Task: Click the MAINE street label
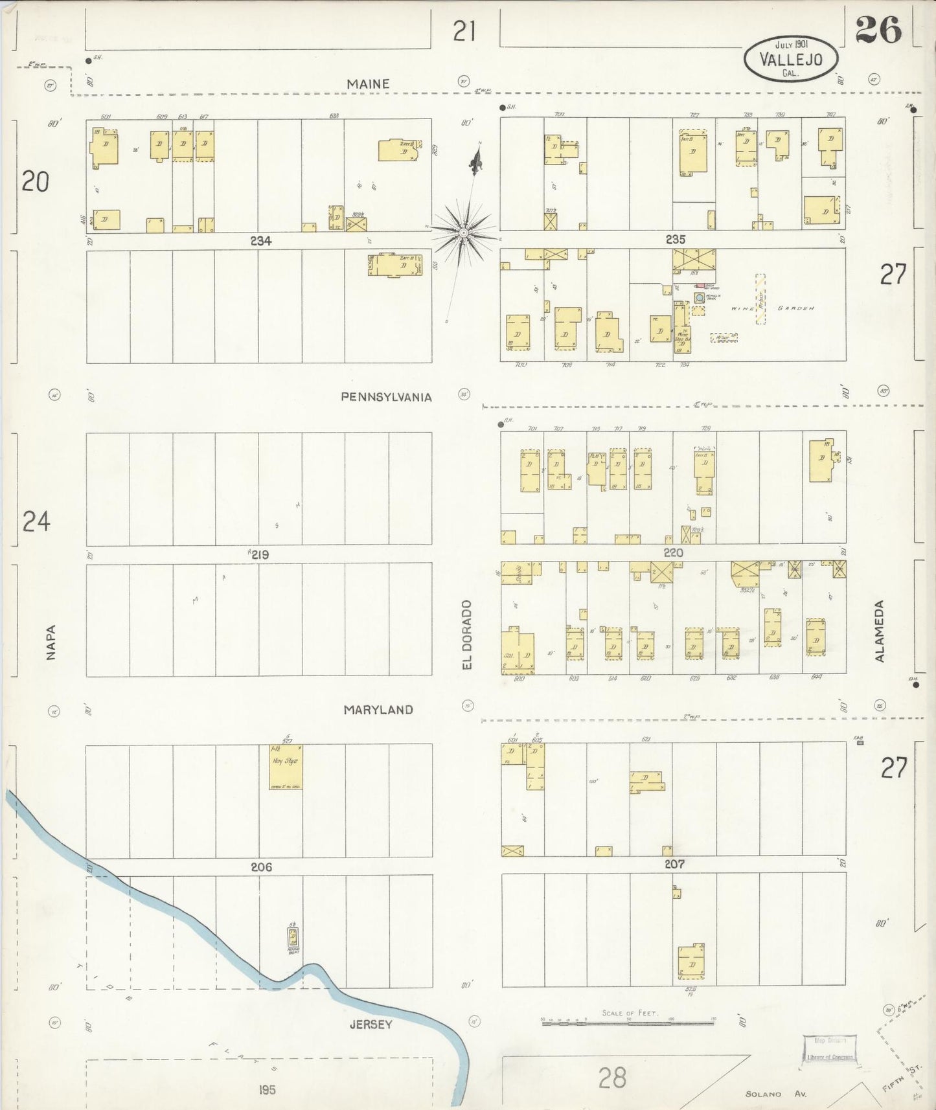[368, 84]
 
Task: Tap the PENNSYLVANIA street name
[386, 397]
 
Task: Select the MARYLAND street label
[378, 710]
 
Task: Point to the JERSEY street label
[371, 1025]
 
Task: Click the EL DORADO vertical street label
[468, 635]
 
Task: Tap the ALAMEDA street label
[879, 631]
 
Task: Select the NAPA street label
[51, 642]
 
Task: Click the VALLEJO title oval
[791, 58]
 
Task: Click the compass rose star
[464, 232]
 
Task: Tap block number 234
[260, 241]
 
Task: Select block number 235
[675, 240]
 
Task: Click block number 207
[674, 864]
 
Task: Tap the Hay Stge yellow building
[286, 767]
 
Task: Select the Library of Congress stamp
[830, 1049]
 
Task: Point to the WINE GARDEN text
[771, 309]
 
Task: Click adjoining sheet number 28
[612, 1078]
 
